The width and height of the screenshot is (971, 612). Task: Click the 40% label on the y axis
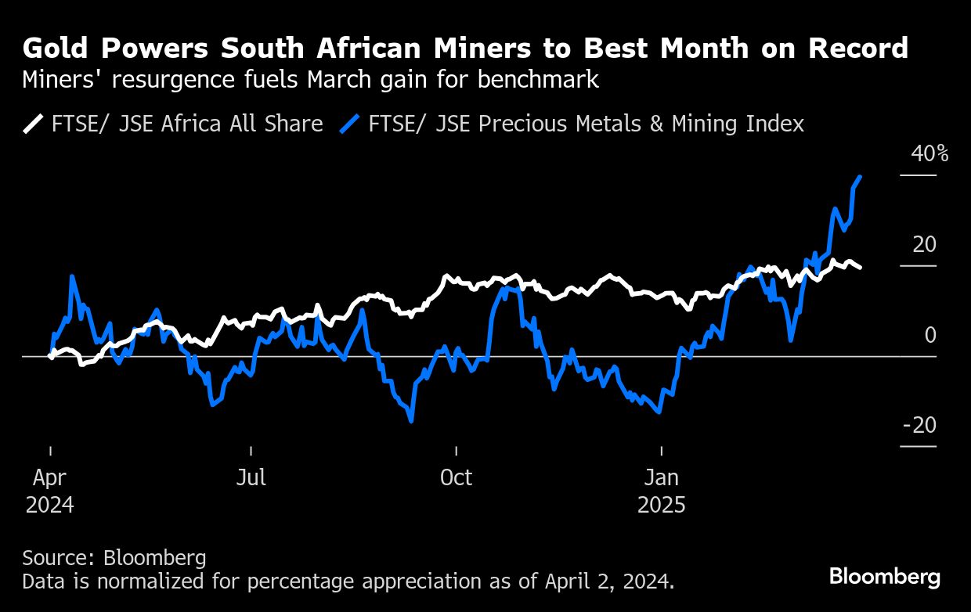[929, 153]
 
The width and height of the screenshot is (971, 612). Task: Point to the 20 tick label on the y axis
[924, 244]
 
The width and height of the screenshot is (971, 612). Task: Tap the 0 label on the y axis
[929, 335]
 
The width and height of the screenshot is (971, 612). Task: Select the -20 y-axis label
[919, 425]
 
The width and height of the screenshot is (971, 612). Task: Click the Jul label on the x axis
[251, 477]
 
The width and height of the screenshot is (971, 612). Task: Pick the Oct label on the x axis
[456, 477]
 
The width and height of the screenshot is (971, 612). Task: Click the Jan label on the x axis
[662, 477]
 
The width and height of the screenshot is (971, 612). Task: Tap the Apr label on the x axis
[50, 477]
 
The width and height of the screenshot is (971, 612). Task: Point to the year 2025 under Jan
[662, 505]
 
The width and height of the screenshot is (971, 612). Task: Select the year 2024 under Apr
[50, 505]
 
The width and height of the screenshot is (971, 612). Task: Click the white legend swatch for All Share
[34, 124]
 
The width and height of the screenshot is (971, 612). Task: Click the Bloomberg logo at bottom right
[885, 577]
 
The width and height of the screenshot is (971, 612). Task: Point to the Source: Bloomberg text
[114, 558]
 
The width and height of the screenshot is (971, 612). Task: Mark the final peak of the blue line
[861, 177]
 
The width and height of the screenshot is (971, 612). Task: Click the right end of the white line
[861, 268]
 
